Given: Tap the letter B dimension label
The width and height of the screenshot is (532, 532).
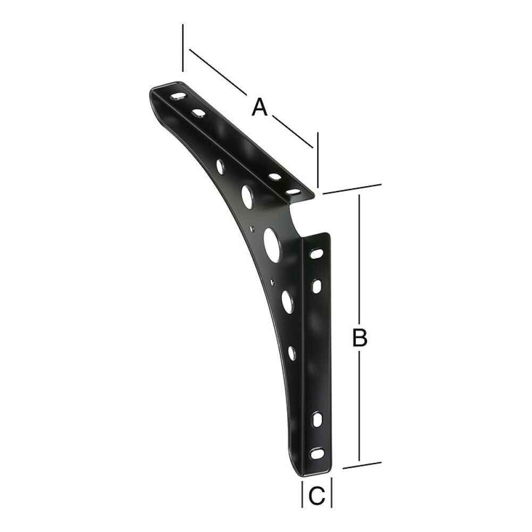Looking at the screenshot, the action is click(360, 338).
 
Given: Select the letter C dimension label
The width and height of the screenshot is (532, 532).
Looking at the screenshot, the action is click(317, 496).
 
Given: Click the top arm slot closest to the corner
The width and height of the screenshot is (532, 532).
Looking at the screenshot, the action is click(293, 193).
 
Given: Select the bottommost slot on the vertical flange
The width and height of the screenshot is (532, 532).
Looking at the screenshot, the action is click(317, 454).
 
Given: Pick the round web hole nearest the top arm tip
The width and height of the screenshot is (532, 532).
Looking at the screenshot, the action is click(221, 166).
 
